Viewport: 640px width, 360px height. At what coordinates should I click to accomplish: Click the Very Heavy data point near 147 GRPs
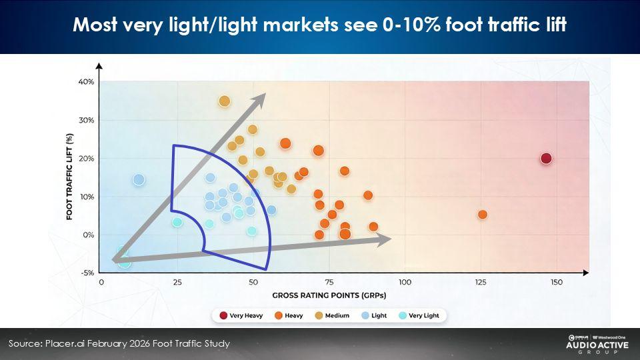pos(546,159)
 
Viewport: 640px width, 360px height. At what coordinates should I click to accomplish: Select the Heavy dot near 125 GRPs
pos(483,214)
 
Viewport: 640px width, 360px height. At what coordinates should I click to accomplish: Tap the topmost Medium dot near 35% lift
pos(225,101)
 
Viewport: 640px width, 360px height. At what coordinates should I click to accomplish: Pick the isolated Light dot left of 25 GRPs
pos(139,179)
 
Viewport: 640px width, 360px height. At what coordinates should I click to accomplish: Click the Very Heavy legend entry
pos(241,315)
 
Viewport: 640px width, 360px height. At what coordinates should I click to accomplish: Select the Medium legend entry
pos(332,315)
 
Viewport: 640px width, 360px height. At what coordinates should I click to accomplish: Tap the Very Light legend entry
pos(419,315)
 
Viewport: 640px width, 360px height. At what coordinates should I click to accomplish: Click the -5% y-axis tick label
pos(87,273)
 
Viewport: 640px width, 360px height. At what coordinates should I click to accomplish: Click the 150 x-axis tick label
pos(557,282)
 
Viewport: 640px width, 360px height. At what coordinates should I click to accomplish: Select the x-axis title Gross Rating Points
pos(329,295)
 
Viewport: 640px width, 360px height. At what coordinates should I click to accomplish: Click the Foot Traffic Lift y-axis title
pos(69,176)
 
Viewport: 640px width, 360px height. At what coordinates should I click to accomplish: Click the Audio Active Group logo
pos(597,344)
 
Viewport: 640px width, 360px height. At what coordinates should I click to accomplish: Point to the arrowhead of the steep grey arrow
pos(260,99)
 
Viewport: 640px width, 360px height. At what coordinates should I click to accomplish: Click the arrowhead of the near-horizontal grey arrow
pos(384,239)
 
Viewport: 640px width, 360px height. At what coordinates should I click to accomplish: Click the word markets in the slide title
pos(301,25)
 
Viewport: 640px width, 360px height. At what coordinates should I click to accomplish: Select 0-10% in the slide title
pos(411,25)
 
